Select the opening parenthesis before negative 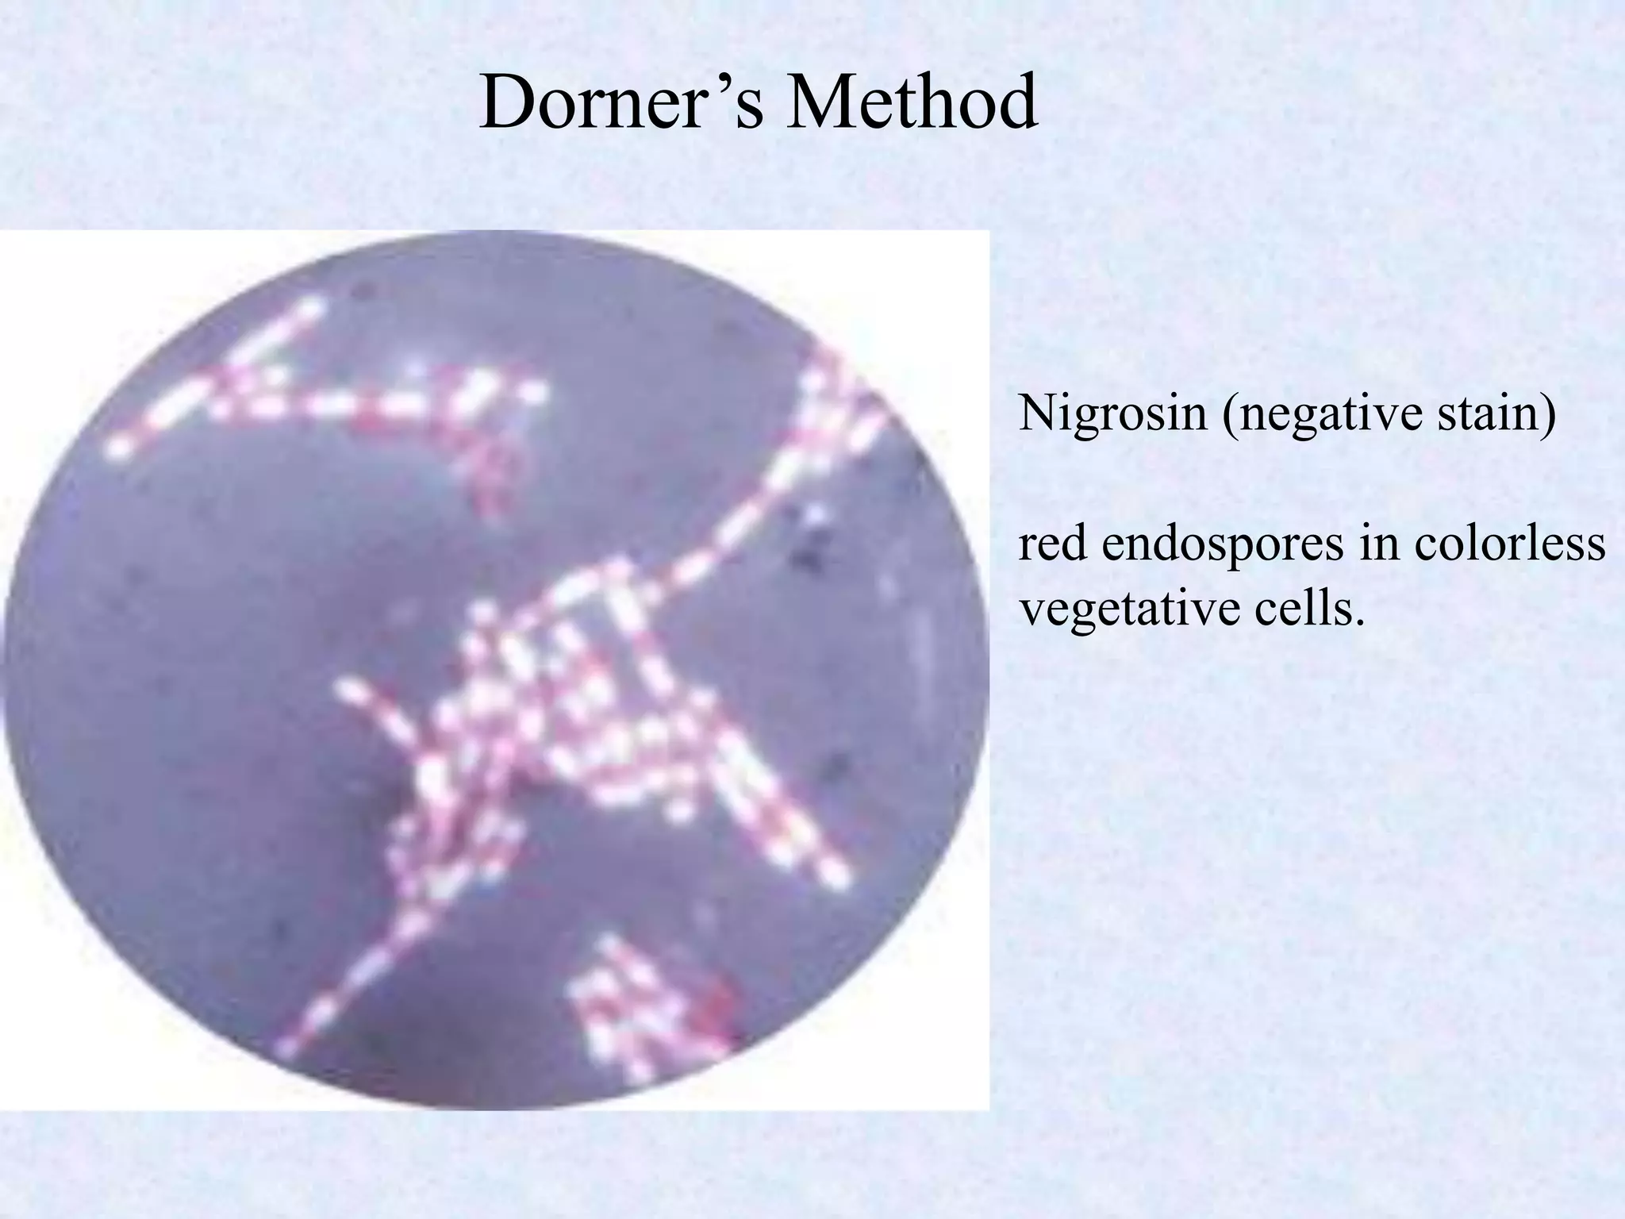(1230, 415)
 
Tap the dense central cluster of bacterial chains (555, 714)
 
